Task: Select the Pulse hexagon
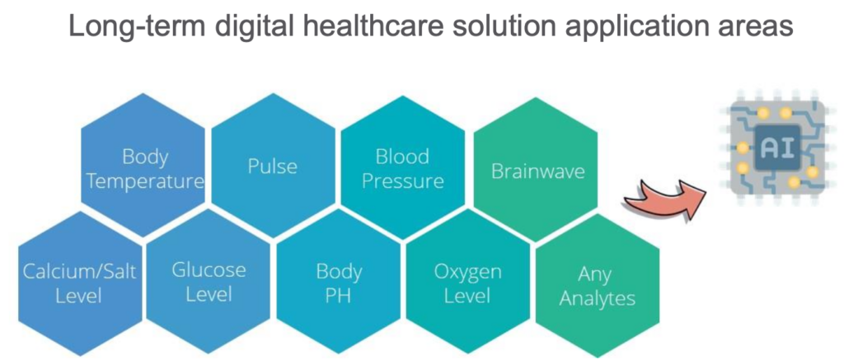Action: pyautogui.click(x=273, y=166)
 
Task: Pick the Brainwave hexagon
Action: pyautogui.click(x=535, y=169)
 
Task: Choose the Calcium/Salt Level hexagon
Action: pyautogui.click(x=80, y=283)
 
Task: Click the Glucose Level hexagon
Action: pyautogui.click(x=209, y=283)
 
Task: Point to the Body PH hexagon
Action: pyautogui.click(x=339, y=283)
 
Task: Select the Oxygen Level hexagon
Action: pyautogui.click(x=468, y=283)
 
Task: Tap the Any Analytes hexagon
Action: pyautogui.click(x=598, y=286)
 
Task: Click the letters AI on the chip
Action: pyautogui.click(x=776, y=147)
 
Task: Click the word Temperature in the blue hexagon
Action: pyautogui.click(x=145, y=181)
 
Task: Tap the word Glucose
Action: pyautogui.click(x=209, y=270)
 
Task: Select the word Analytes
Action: pyautogui.click(x=598, y=299)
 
